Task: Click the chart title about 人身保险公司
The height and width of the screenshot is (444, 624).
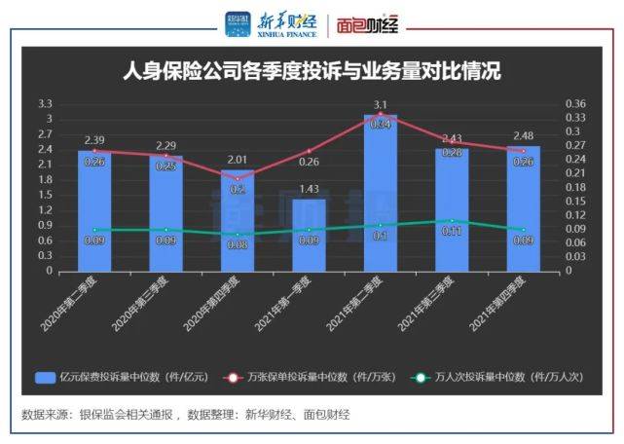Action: coord(312,73)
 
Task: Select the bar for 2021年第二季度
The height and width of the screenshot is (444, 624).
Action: coord(380,195)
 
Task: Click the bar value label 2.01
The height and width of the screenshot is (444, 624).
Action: coord(238,160)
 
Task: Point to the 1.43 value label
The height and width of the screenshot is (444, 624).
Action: coord(309,189)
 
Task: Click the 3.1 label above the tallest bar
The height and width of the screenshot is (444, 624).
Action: coord(381,104)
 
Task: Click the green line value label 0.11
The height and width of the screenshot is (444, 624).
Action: coord(452,232)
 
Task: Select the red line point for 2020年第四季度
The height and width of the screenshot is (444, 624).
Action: coord(238,178)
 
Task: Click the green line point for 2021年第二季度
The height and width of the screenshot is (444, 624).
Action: coord(381,225)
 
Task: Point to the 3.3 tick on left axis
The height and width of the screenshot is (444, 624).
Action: coord(45,103)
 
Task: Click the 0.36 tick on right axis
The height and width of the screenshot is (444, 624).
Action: coord(575,103)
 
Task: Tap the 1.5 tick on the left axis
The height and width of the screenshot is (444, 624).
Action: coord(45,195)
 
